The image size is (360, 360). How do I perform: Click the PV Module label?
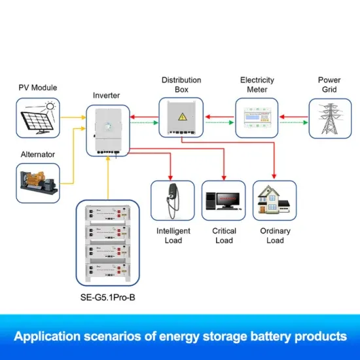37,87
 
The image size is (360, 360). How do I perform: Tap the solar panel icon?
37,118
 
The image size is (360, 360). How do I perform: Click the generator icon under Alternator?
38,183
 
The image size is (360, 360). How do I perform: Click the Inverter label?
107,96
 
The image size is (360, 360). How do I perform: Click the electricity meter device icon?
257,118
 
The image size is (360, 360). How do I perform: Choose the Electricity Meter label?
257,84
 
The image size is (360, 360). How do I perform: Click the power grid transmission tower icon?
329,118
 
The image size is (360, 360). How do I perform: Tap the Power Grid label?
329,84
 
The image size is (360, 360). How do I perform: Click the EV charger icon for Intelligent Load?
173,201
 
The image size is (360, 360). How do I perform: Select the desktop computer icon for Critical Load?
223,200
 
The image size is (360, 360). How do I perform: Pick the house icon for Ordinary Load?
274,200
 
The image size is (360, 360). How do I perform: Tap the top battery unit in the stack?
107,213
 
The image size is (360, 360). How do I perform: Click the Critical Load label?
224,236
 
